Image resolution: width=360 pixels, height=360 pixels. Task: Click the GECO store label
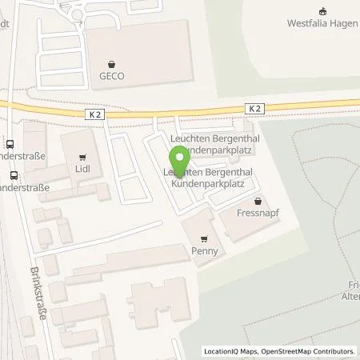tap(113, 76)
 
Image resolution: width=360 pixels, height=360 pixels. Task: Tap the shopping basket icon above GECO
tap(113, 64)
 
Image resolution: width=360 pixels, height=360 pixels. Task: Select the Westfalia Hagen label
tap(322, 22)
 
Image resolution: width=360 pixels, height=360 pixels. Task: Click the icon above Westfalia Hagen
tap(322, 10)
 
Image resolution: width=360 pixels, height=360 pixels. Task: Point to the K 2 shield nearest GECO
tap(94, 114)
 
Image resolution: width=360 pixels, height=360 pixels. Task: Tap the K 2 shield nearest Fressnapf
tap(254, 107)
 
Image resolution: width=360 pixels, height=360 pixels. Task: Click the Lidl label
tap(82, 170)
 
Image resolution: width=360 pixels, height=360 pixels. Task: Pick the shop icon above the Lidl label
tap(82, 158)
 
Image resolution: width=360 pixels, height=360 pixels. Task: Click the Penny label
tap(204, 250)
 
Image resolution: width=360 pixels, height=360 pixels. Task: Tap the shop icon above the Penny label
tap(204, 238)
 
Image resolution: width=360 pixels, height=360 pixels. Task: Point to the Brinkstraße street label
tap(37, 294)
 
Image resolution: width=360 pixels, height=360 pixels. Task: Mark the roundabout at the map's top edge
tap(78, 13)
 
